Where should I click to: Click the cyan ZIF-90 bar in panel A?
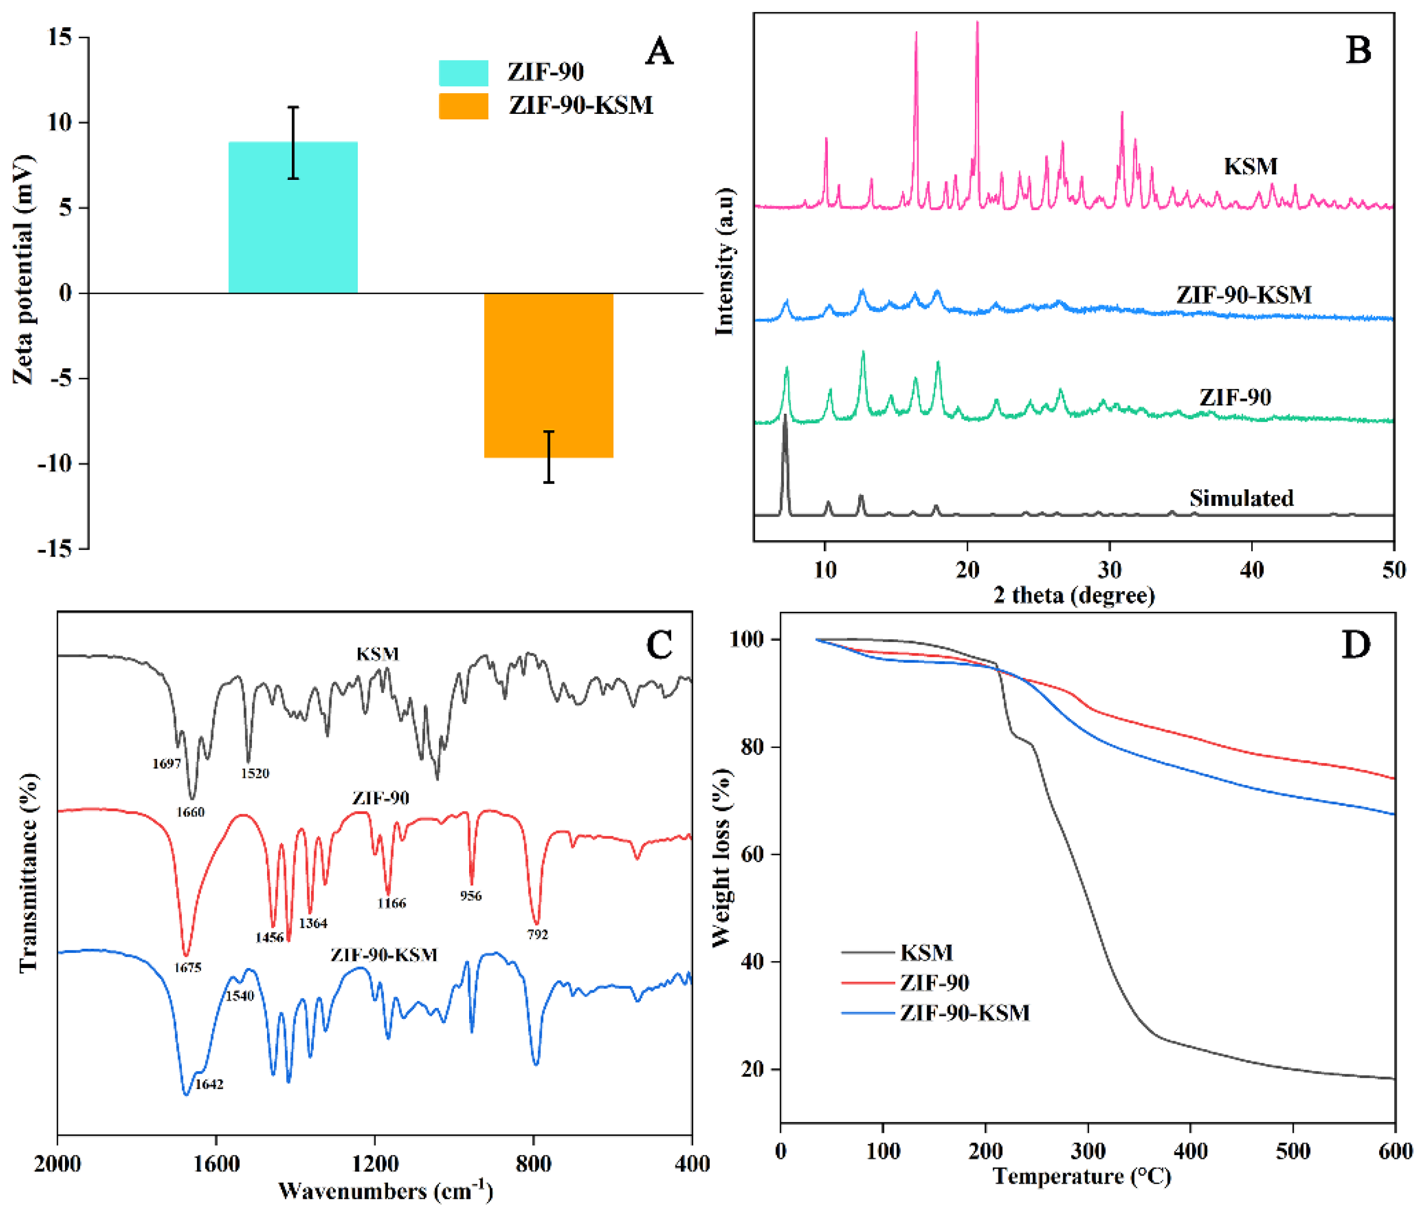tap(293, 218)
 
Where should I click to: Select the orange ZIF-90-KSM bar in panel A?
tap(548, 375)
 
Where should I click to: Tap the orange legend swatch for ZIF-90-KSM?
tap(464, 106)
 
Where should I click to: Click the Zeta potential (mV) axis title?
tap(22, 269)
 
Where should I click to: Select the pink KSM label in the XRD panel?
tap(1251, 166)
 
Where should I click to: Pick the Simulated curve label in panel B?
tap(1241, 498)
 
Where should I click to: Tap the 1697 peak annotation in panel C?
tap(166, 764)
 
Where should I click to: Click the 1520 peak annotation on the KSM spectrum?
tap(255, 774)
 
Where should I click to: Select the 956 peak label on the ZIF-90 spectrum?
tap(471, 895)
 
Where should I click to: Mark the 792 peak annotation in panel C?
tap(537, 934)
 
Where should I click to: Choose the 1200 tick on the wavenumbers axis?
tap(375, 1164)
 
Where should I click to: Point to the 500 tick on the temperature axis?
tap(1292, 1151)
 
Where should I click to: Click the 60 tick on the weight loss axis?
tap(751, 854)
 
